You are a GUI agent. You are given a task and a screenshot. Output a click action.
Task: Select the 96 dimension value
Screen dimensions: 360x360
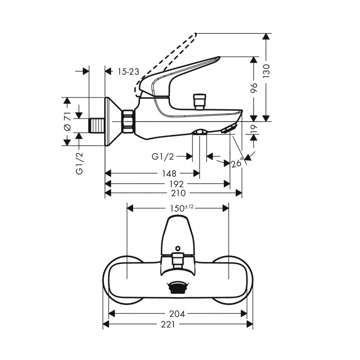click(x=254, y=87)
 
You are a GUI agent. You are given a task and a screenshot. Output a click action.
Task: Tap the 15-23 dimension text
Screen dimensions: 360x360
click(x=128, y=72)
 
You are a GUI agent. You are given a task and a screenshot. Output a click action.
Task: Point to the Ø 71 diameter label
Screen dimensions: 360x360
click(x=68, y=121)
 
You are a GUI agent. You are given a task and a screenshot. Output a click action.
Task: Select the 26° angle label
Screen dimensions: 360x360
click(x=237, y=164)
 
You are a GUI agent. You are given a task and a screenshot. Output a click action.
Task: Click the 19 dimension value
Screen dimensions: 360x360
click(x=254, y=128)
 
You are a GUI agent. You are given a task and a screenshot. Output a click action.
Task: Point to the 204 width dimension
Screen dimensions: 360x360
click(x=178, y=314)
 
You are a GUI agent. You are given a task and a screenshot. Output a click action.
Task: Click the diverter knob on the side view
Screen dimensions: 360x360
click(x=198, y=101)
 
